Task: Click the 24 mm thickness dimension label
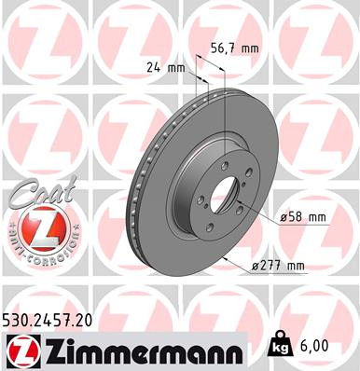[x=163, y=66]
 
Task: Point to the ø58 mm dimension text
[x=303, y=217]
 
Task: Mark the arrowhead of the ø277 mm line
[x=231, y=260]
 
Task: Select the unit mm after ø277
[x=296, y=266]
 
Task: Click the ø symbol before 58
[x=283, y=217]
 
